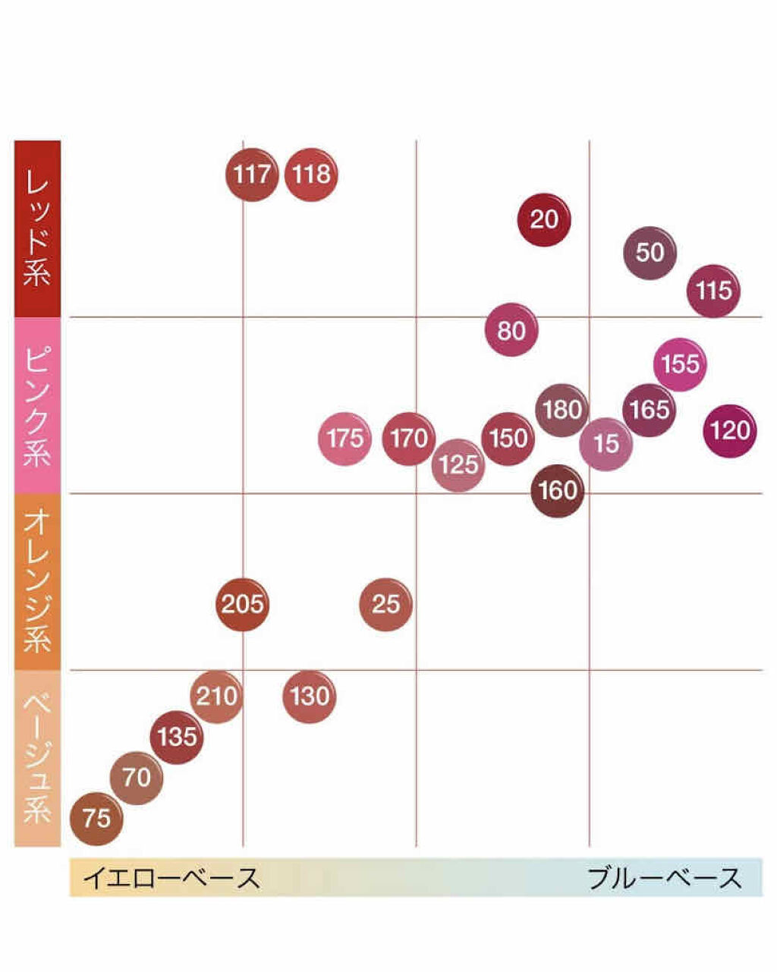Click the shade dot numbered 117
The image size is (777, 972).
coord(252,175)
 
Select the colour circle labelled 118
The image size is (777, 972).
coord(311,175)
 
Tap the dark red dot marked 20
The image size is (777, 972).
coord(543,219)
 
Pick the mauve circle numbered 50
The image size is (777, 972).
coord(650,253)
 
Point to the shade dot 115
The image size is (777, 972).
coord(713,291)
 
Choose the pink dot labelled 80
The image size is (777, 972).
coord(511,330)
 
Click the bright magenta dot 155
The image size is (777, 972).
coord(680,364)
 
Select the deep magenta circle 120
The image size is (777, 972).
coord(730,431)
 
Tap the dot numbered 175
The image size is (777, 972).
coord(345,439)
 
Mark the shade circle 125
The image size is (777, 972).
coord(458,464)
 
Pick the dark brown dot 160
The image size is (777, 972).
coord(558,490)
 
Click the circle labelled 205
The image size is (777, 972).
coord(243,604)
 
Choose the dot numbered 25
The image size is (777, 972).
coord(385,604)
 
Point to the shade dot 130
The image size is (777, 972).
coord(310,696)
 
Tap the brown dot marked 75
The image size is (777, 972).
coord(96,818)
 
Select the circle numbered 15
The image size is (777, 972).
coord(606,444)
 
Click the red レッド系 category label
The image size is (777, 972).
coord(37,228)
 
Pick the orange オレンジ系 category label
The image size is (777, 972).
coord(37,581)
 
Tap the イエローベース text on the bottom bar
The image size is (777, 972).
coord(171,878)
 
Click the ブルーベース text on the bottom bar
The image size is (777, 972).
coord(665,878)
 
